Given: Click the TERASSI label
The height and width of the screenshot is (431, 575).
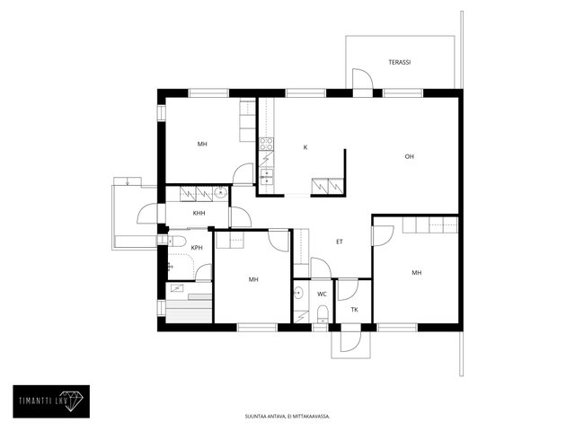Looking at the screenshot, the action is pyautogui.click(x=399, y=62).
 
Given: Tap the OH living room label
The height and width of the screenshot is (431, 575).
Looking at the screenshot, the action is pyautogui.click(x=410, y=156).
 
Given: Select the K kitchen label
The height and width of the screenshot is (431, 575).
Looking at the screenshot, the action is pyautogui.click(x=305, y=147).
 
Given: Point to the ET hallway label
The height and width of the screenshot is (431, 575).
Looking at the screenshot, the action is pyautogui.click(x=340, y=242).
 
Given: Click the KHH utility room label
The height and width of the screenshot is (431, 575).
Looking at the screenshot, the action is pyautogui.click(x=199, y=214).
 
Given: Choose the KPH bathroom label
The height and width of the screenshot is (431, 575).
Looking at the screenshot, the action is pyautogui.click(x=197, y=248).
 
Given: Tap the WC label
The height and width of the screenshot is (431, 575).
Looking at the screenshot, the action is pyautogui.click(x=322, y=295).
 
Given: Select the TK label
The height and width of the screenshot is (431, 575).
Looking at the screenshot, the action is pyautogui.click(x=354, y=310).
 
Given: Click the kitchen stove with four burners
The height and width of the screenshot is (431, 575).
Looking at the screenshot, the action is pyautogui.click(x=266, y=144).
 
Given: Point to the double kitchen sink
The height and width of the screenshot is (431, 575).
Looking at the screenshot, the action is pyautogui.click(x=267, y=176).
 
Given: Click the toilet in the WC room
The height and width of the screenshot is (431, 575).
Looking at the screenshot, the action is pyautogui.click(x=323, y=315).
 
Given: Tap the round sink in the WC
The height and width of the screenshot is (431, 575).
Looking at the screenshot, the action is pyautogui.click(x=299, y=294).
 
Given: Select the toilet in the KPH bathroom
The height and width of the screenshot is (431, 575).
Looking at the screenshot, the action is pyautogui.click(x=177, y=242).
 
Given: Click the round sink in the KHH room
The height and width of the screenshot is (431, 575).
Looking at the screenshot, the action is pyautogui.click(x=220, y=192).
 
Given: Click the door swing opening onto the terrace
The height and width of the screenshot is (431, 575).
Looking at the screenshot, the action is pyautogui.click(x=363, y=78).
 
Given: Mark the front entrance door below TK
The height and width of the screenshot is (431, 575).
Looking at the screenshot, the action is pyautogui.click(x=351, y=341).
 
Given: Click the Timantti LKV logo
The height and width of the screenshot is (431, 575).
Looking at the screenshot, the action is pyautogui.click(x=51, y=401).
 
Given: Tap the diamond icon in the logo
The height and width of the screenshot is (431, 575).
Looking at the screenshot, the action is pyautogui.click(x=75, y=401).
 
